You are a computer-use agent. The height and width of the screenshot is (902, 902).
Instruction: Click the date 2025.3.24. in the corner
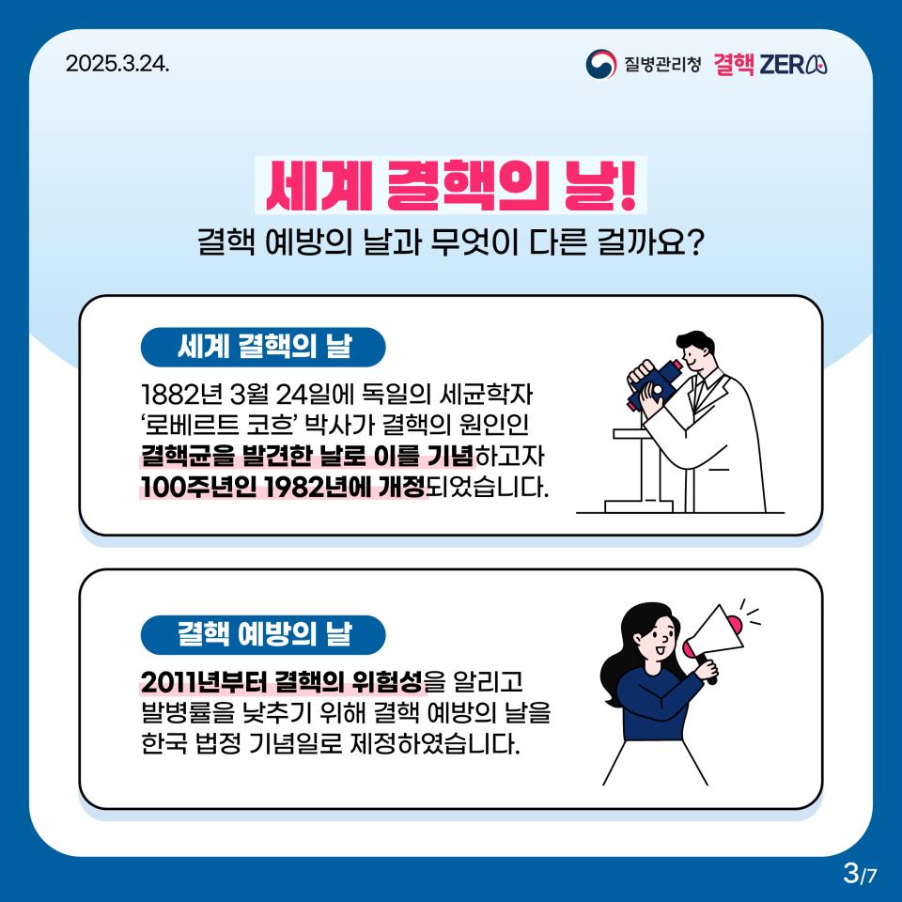point(117,63)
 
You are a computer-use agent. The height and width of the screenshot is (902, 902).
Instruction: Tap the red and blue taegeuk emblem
point(600,64)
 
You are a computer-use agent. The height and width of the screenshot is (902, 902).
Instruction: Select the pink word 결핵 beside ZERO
point(734,64)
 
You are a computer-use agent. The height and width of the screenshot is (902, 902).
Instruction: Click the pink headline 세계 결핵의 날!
point(451,185)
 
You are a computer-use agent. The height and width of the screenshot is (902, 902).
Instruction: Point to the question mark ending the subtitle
point(695,243)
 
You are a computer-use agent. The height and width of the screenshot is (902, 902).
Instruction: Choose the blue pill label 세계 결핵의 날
point(263,347)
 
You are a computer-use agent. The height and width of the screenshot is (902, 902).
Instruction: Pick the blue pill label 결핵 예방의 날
point(263,634)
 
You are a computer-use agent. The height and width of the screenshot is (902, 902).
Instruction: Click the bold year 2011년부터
point(204,682)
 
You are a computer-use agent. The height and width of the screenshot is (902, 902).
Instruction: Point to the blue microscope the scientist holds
point(656,383)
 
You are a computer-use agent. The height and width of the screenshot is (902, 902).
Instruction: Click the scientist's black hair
point(695,342)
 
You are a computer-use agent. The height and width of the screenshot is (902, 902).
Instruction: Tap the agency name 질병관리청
point(662,63)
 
